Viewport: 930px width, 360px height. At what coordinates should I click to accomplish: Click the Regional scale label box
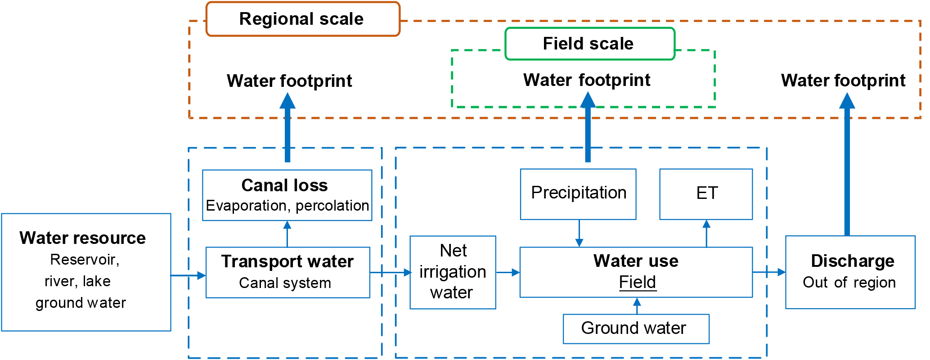pyautogui.click(x=302, y=19)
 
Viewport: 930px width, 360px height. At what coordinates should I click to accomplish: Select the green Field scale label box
pyautogui.click(x=589, y=44)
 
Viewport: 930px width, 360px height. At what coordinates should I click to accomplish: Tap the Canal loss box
pyautogui.click(x=287, y=195)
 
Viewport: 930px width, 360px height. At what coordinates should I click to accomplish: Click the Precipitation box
pyautogui.click(x=578, y=194)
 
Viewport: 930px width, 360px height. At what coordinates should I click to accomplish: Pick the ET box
pyautogui.click(x=706, y=194)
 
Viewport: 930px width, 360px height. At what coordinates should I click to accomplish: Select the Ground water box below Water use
pyautogui.click(x=636, y=329)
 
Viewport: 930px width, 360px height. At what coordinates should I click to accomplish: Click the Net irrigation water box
pyautogui.click(x=453, y=272)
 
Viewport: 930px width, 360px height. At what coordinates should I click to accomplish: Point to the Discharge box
pyautogui.click(x=850, y=272)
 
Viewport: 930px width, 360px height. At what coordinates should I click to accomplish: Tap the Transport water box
pyautogui.click(x=288, y=272)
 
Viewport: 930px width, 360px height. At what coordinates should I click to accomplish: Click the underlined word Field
pyautogui.click(x=637, y=283)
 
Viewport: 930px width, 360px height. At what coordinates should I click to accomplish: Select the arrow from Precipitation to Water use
pyautogui.click(x=579, y=233)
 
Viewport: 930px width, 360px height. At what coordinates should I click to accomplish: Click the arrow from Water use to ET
pyautogui.click(x=706, y=233)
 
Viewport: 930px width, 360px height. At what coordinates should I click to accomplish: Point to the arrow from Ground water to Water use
pyautogui.click(x=637, y=306)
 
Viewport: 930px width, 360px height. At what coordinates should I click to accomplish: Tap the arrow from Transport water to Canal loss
pyautogui.click(x=288, y=234)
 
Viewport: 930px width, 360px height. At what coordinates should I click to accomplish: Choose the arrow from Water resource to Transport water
pyautogui.click(x=188, y=275)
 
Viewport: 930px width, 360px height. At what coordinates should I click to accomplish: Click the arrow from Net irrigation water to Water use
pyautogui.click(x=508, y=272)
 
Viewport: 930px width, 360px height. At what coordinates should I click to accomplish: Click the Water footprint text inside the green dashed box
pyautogui.click(x=587, y=81)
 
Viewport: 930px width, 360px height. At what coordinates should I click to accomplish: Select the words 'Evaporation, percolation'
pyautogui.click(x=287, y=206)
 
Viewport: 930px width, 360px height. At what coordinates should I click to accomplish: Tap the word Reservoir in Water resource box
pyautogui.click(x=83, y=260)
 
